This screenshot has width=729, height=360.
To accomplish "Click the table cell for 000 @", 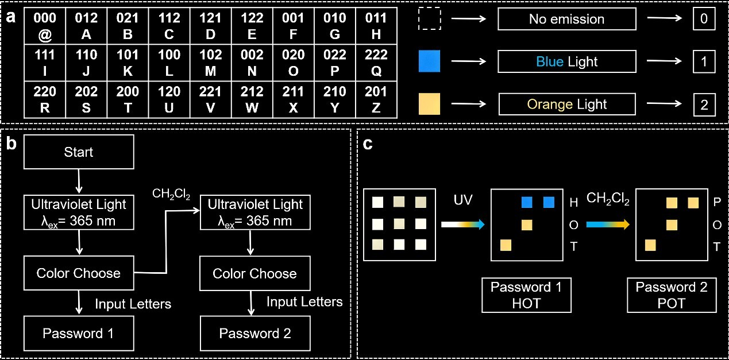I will pos(45,26).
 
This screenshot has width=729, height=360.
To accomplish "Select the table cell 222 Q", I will pos(376,63).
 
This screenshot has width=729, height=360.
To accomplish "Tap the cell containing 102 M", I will pos(210,63).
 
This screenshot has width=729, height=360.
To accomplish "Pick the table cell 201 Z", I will pos(376,99).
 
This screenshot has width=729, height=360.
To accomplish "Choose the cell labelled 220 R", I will pos(45,99).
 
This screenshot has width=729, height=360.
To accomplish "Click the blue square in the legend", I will pos(429,61).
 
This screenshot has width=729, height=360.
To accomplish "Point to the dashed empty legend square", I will pos(429,19).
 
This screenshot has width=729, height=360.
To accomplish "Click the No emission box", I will pos(566,19).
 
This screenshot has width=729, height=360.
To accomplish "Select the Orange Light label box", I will pos(566,104).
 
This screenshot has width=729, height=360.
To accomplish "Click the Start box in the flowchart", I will pos(79,152).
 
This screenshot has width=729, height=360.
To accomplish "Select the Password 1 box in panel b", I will pos(79,333).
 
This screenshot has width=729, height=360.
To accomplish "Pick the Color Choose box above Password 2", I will pos(254,273).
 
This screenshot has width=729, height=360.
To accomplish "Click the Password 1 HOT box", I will pos(526,295).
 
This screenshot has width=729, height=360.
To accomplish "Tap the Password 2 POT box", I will pos(672,295).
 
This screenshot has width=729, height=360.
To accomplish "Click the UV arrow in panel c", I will pos(463,225).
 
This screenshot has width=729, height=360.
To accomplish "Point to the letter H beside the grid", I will pos(573,202).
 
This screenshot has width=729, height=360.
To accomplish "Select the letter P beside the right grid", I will pos(716,202).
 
